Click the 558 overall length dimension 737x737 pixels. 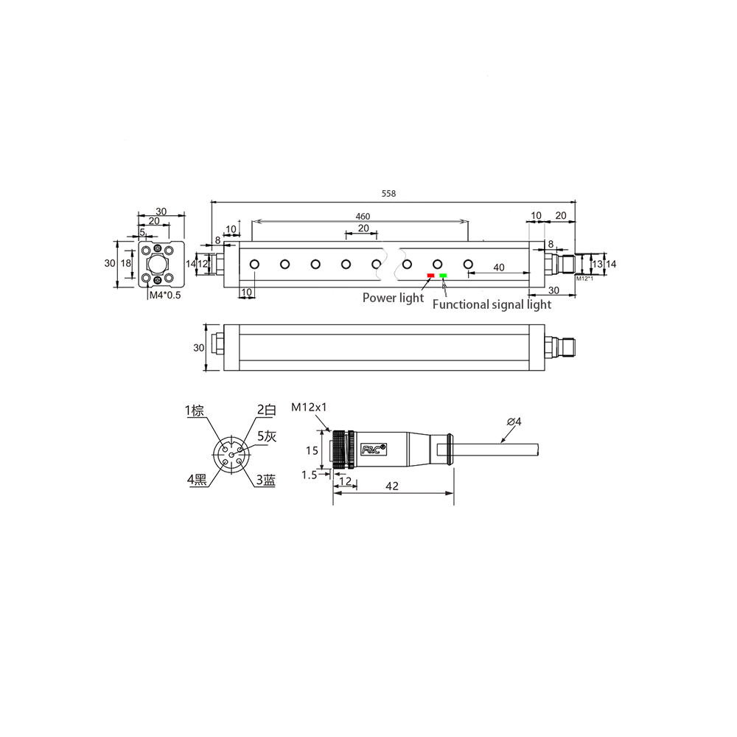[388, 193]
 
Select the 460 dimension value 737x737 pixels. [363, 216]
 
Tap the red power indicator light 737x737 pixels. [430, 276]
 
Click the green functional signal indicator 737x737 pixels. [443, 276]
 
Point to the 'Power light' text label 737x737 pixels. [393, 298]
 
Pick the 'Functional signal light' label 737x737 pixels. [492, 304]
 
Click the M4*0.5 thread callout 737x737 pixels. [165, 296]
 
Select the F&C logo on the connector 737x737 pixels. [373, 449]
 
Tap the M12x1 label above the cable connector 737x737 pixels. [309, 407]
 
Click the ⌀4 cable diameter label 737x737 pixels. [514, 422]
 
